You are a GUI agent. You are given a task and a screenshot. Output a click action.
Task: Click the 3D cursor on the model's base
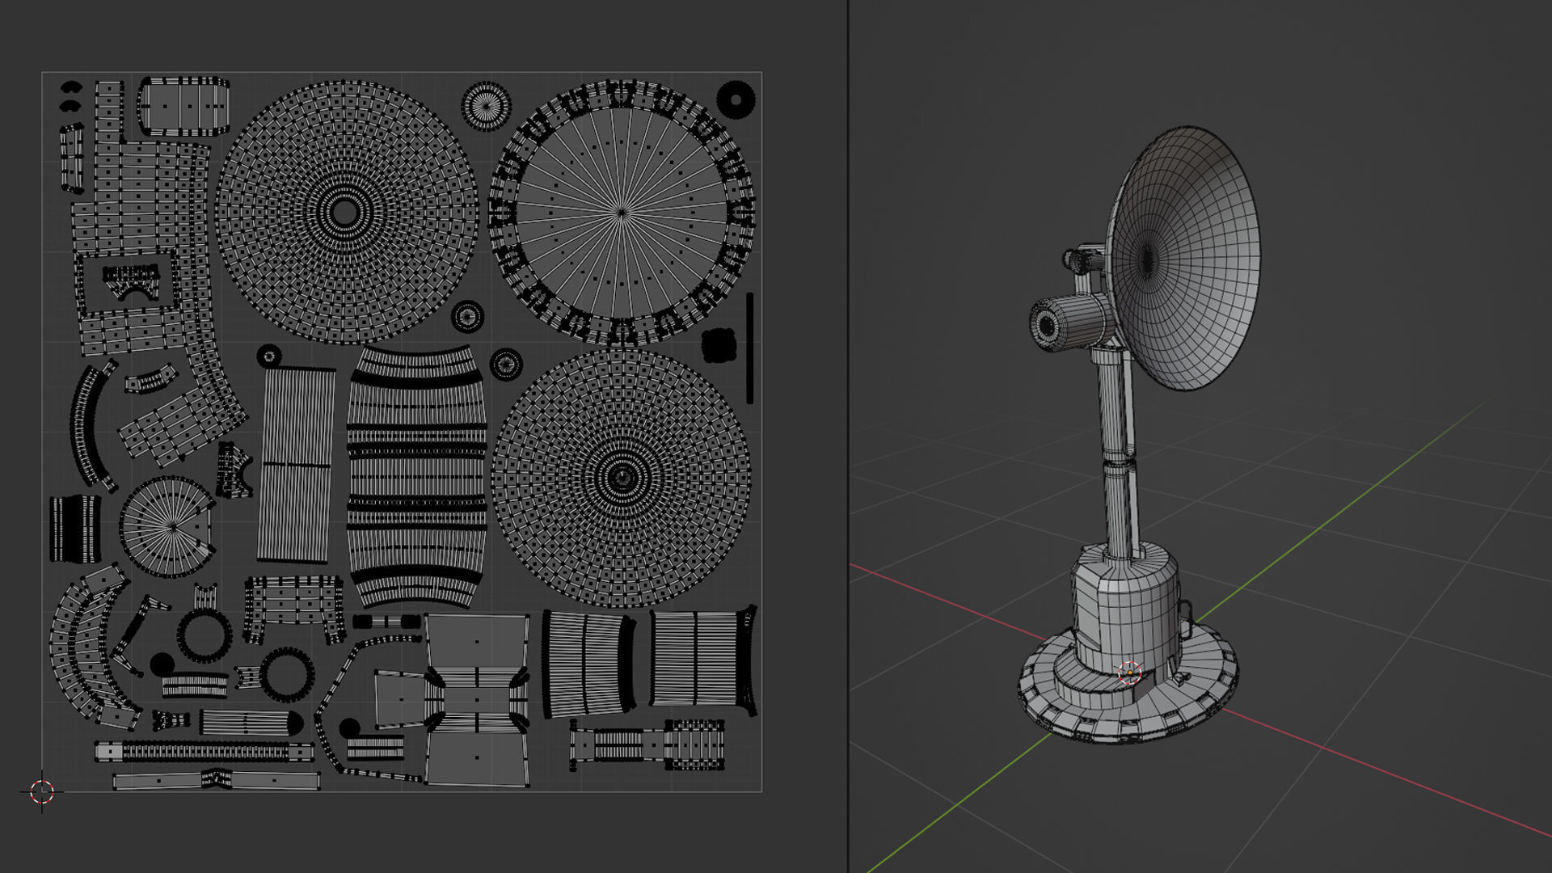tap(1128, 673)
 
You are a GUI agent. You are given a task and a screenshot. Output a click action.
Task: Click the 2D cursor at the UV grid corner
tap(41, 791)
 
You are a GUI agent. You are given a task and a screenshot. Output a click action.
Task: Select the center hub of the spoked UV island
tap(621, 213)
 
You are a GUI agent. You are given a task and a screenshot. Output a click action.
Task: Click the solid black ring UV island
tap(736, 99)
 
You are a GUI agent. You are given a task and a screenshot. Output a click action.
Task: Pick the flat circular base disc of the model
tap(1051, 695)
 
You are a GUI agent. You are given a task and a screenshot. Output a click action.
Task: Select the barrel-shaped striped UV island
tap(416, 477)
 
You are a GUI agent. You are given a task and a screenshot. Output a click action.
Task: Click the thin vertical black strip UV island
tap(749, 348)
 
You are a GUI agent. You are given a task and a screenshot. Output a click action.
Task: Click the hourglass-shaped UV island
tap(477, 700)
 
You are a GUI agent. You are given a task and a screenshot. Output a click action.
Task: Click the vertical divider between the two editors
tap(848, 436)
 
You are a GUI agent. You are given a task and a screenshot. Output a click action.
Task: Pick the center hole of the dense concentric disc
tap(344, 213)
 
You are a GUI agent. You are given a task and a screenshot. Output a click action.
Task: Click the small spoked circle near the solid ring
tap(486, 106)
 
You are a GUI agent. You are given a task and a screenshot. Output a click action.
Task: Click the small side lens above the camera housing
tap(1075, 261)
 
